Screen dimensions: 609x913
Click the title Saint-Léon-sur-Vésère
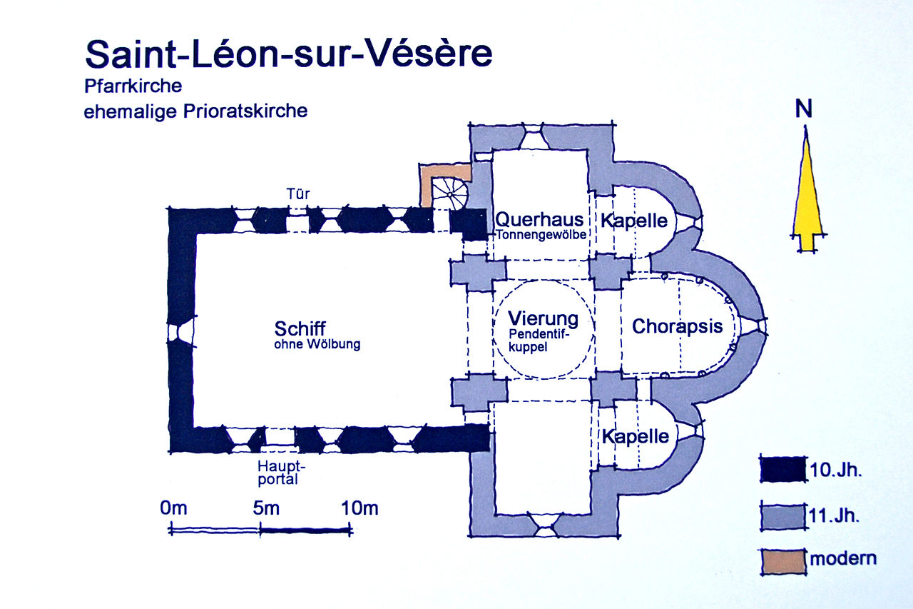289,55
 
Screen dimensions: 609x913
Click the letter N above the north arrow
805,109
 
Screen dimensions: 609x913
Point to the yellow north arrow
807,193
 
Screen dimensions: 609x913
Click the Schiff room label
300,329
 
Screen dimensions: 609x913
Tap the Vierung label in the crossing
543,318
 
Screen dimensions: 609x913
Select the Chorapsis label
678,327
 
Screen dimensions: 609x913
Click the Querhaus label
539,220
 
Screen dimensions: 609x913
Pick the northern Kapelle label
634,220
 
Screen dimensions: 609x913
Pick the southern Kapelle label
635,436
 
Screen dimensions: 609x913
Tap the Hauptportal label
277,473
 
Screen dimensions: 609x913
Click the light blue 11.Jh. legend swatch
782,515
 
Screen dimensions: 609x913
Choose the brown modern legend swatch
782,559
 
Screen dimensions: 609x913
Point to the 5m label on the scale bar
265,509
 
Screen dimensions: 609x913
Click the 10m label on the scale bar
360,509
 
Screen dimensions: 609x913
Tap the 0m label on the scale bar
173,509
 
